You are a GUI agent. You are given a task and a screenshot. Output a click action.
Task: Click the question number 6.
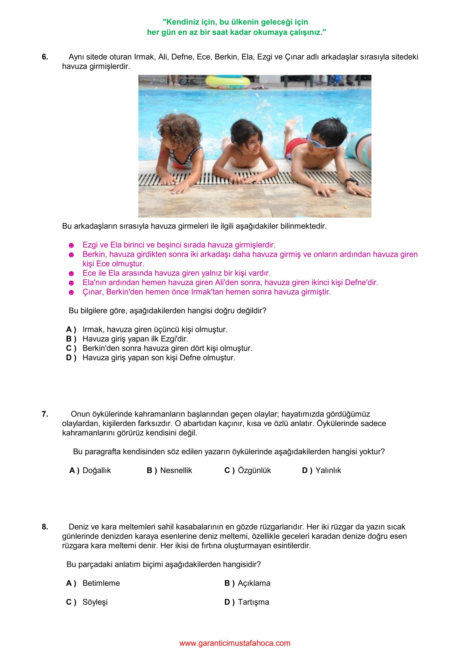click(x=45, y=57)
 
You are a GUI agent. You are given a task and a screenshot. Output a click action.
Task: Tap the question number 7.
click(x=45, y=414)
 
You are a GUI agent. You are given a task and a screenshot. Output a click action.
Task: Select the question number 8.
click(x=45, y=527)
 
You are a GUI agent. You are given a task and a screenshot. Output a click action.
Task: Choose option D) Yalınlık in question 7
click(x=321, y=470)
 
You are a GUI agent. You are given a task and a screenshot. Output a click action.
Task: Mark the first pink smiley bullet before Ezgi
click(x=71, y=245)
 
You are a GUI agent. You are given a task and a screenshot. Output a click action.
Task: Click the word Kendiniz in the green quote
click(x=182, y=22)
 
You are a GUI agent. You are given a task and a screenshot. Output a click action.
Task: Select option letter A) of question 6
click(x=71, y=329)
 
